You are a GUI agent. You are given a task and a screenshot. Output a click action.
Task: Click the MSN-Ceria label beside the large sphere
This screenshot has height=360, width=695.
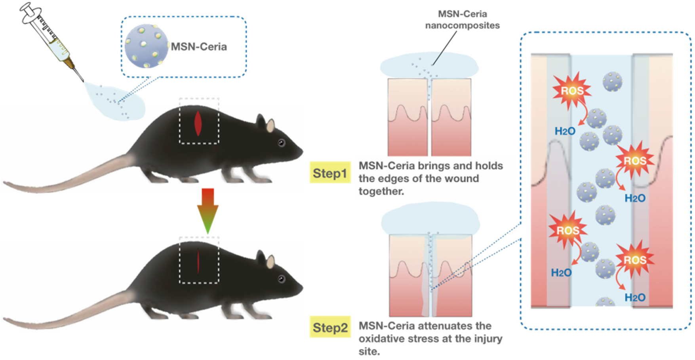pos(199,47)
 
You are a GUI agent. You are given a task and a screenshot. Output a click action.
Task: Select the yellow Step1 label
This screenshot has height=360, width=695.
pos(329,173)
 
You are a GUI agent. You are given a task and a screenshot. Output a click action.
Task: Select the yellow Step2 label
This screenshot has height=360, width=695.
pos(330,328)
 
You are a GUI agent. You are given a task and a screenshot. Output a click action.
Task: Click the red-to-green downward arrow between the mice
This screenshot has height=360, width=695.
pos(208,210)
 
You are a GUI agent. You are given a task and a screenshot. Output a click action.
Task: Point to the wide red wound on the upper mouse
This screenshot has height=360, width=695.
pos(198,123)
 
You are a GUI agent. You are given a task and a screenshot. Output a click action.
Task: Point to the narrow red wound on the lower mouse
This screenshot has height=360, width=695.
pos(198,261)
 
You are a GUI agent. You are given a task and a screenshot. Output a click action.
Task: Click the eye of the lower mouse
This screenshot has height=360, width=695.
pos(282,279)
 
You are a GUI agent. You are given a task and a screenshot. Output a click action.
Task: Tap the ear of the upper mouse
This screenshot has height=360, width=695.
pos(270,126)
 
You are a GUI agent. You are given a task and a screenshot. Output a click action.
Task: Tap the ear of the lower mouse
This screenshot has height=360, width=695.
pos(270,262)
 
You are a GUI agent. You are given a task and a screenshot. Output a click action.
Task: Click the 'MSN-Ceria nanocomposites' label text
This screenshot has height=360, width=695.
pos(462,20)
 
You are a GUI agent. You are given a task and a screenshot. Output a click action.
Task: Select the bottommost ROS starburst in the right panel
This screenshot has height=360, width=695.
pos(635,260)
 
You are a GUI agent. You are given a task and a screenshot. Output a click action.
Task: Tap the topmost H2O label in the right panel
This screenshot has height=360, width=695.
pos(565,131)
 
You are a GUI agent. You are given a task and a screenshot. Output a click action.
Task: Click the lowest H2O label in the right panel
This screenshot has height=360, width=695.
pos(635,297)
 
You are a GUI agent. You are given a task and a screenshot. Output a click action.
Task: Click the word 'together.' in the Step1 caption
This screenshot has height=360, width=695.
pos(381,191)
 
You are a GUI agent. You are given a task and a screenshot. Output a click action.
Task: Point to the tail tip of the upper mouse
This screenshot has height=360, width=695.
pos(6,183)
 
